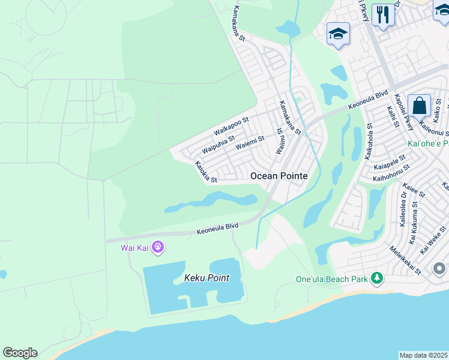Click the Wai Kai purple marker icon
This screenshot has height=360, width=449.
coord(158,247)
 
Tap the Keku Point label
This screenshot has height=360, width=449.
coord(202,279)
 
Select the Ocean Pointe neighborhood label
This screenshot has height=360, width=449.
coord(279,176)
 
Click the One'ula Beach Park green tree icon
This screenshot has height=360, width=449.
coord(377,278)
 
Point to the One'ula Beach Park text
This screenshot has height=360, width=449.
coord(332,279)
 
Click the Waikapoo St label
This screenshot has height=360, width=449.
coord(231,127)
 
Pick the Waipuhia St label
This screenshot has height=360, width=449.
coord(218,144)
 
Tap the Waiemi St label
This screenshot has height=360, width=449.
coord(250,143)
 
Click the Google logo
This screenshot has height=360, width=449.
coord(20,353)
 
